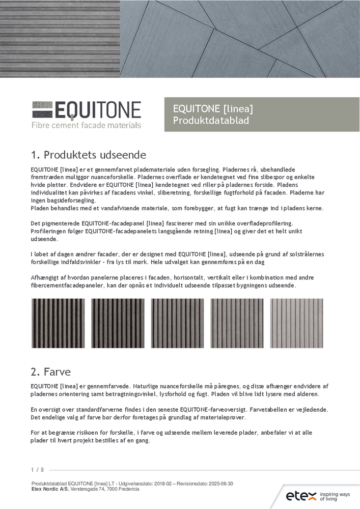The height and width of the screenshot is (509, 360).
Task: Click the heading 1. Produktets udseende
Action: tap(89, 155)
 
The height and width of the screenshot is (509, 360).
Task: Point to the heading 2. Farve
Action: tap(50, 372)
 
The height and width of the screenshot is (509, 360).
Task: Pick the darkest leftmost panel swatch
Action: tap(51, 323)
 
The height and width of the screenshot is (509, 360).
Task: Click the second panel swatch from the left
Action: tap(110, 323)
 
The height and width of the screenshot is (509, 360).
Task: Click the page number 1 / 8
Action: tap(37, 469)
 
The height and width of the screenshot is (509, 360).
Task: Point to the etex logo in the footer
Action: tap(301, 496)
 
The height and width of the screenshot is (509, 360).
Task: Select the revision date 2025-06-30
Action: tap(220, 484)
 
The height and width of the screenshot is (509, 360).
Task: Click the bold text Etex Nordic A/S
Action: tap(50, 489)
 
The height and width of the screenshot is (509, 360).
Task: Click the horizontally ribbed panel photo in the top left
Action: tap(60, 39)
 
